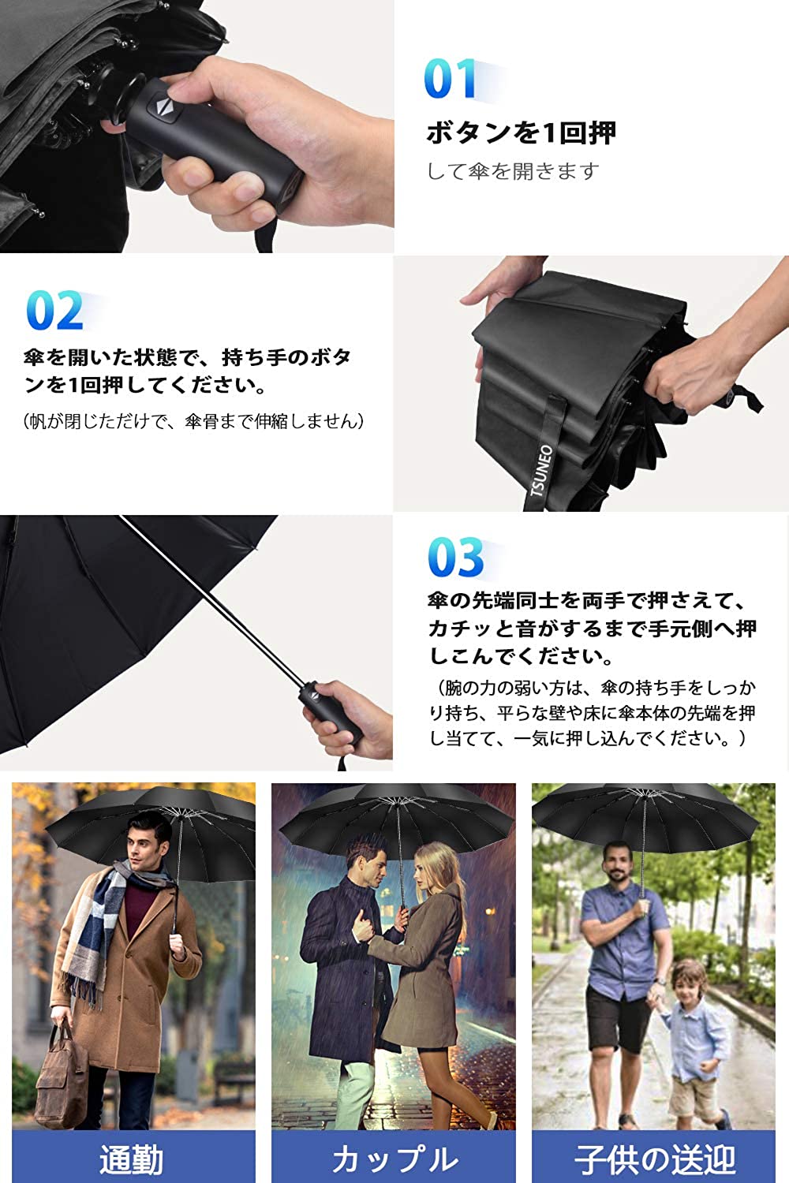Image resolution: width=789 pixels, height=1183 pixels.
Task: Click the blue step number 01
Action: click(449, 79)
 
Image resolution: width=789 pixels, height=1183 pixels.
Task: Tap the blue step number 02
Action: click(54, 311)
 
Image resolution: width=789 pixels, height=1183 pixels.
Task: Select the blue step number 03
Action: click(455, 557)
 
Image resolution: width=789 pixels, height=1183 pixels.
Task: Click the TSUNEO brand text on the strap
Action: click(542, 470)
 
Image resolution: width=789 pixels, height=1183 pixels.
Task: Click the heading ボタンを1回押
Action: click(521, 132)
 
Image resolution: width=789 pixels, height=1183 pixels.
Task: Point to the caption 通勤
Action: click(132, 1159)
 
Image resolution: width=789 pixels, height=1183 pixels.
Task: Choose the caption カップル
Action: click(394, 1159)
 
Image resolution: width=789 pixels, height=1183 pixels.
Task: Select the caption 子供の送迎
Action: click(655, 1159)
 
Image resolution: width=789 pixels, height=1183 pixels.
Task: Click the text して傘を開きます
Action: click(513, 171)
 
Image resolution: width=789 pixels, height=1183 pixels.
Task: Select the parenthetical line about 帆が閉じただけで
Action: click(194, 421)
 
